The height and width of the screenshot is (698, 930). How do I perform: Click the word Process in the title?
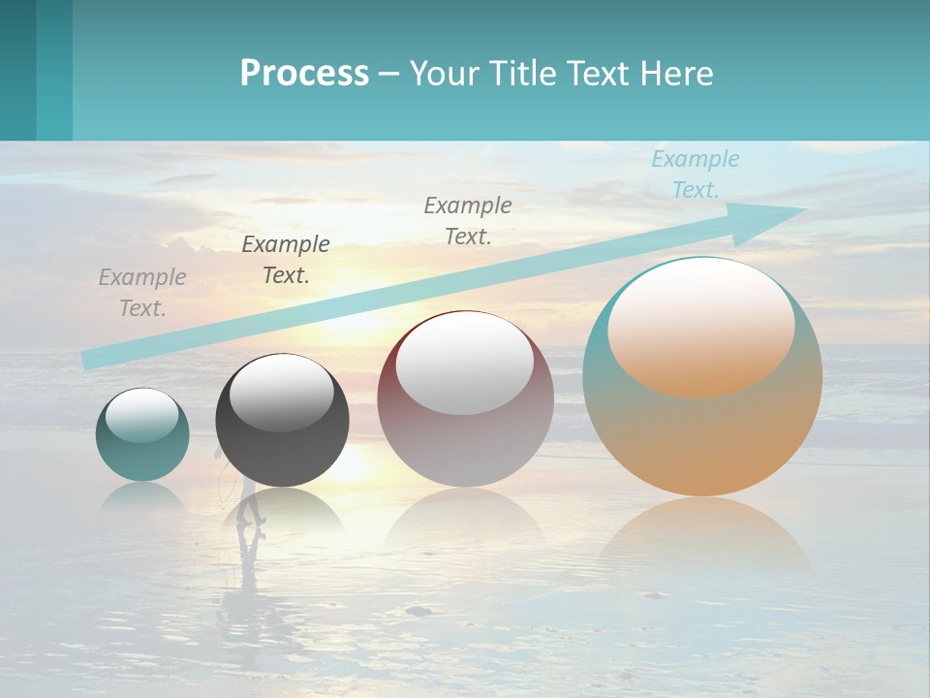304,74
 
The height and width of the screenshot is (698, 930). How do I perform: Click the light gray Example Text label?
142,293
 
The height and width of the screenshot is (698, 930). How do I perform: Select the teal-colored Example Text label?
695,174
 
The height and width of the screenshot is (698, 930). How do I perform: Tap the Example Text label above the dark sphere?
286,260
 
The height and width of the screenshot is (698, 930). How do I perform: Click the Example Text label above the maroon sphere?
468,220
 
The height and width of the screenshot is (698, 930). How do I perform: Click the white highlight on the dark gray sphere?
282,393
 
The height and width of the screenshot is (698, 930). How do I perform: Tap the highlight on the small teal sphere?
142,415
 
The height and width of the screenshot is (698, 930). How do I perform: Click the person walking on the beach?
250,504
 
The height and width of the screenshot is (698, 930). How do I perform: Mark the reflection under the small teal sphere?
142,496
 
